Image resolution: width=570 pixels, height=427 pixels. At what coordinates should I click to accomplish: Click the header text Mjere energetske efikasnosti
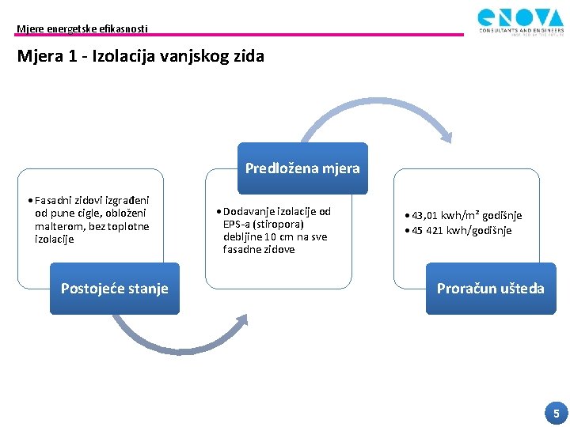[x=82, y=29]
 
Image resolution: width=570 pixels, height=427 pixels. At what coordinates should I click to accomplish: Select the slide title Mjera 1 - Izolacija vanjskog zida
[x=140, y=56]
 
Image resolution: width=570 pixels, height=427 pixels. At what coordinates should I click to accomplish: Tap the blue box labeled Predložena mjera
[x=302, y=168]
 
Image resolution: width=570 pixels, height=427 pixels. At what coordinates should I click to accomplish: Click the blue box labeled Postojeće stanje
[x=115, y=289]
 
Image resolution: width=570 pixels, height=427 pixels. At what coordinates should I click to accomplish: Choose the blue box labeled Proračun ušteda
[x=491, y=289]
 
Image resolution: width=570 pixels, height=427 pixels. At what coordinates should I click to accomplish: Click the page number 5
[x=556, y=413]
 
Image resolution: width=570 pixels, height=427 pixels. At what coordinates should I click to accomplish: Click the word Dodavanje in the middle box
[x=248, y=211]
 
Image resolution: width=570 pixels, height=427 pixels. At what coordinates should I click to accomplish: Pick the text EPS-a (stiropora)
[x=264, y=224]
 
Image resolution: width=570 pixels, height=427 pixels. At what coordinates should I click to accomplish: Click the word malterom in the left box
[x=59, y=226]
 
